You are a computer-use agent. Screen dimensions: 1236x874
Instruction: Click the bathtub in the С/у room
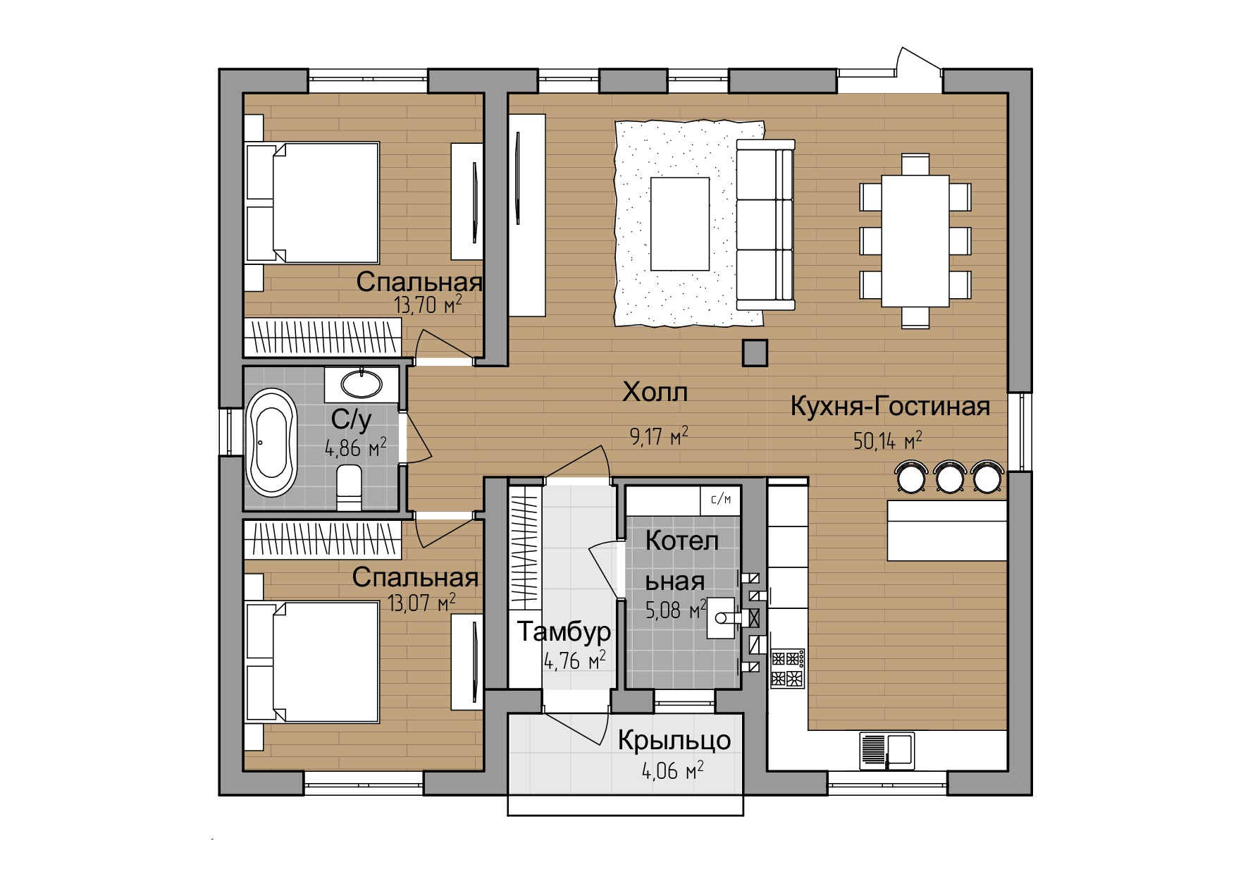(x=272, y=441)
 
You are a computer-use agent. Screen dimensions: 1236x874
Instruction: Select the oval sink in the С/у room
(x=361, y=384)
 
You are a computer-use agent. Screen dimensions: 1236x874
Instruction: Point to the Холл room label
(x=655, y=393)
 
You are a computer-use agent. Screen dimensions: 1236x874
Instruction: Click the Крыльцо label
(x=674, y=740)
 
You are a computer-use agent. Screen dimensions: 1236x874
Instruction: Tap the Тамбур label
(x=564, y=632)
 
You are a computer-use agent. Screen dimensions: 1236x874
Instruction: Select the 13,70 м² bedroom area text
(x=428, y=304)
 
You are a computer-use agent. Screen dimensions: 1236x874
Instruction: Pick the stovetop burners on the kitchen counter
(x=789, y=669)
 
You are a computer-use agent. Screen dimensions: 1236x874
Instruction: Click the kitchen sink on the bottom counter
(x=887, y=750)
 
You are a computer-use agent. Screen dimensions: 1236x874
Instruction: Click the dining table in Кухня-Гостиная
(x=915, y=240)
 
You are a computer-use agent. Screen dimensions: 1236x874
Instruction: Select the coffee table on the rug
(x=679, y=223)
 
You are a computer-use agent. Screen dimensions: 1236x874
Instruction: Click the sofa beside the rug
(x=765, y=224)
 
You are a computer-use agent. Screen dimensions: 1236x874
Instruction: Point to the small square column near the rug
(x=755, y=352)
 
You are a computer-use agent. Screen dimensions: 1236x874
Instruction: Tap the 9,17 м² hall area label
(x=659, y=436)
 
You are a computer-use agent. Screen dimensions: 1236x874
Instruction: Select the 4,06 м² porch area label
(x=673, y=771)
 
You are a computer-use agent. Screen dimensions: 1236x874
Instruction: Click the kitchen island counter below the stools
(x=947, y=530)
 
